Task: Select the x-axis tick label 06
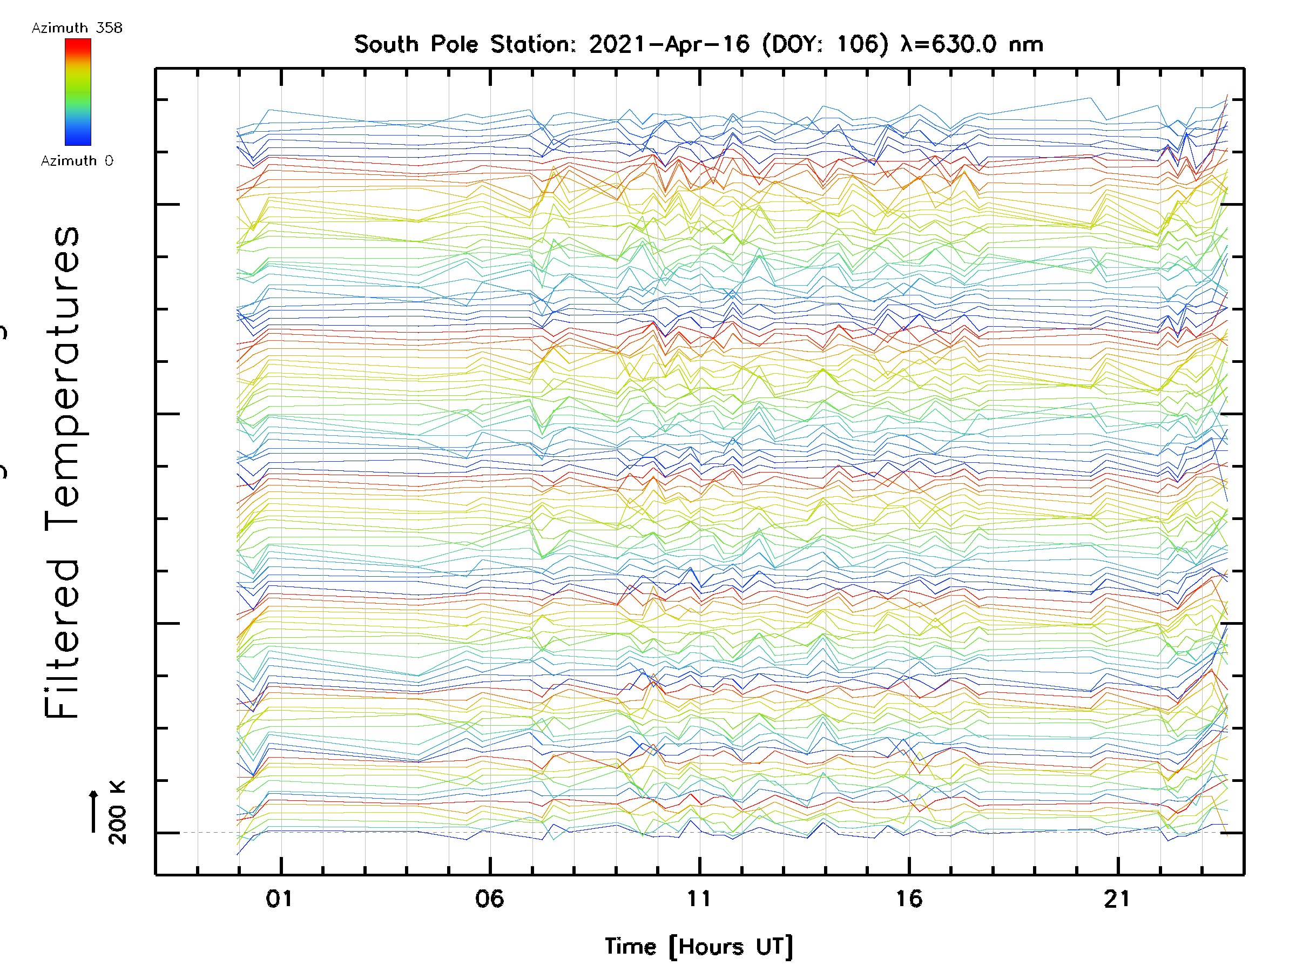tap(489, 898)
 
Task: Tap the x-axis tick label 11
tap(698, 898)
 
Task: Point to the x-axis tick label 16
tap(909, 898)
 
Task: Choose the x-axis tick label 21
tap(1117, 898)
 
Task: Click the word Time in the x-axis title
tap(630, 946)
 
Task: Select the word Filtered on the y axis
tap(62, 638)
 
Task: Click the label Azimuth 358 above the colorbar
tap(77, 28)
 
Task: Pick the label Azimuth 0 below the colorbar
tap(77, 160)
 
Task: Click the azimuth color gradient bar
tap(78, 92)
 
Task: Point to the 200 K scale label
tap(117, 812)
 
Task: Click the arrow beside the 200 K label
tap(94, 811)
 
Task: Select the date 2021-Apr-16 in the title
tap(669, 44)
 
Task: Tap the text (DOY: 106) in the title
tap(825, 44)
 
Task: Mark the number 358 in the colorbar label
tap(110, 28)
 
